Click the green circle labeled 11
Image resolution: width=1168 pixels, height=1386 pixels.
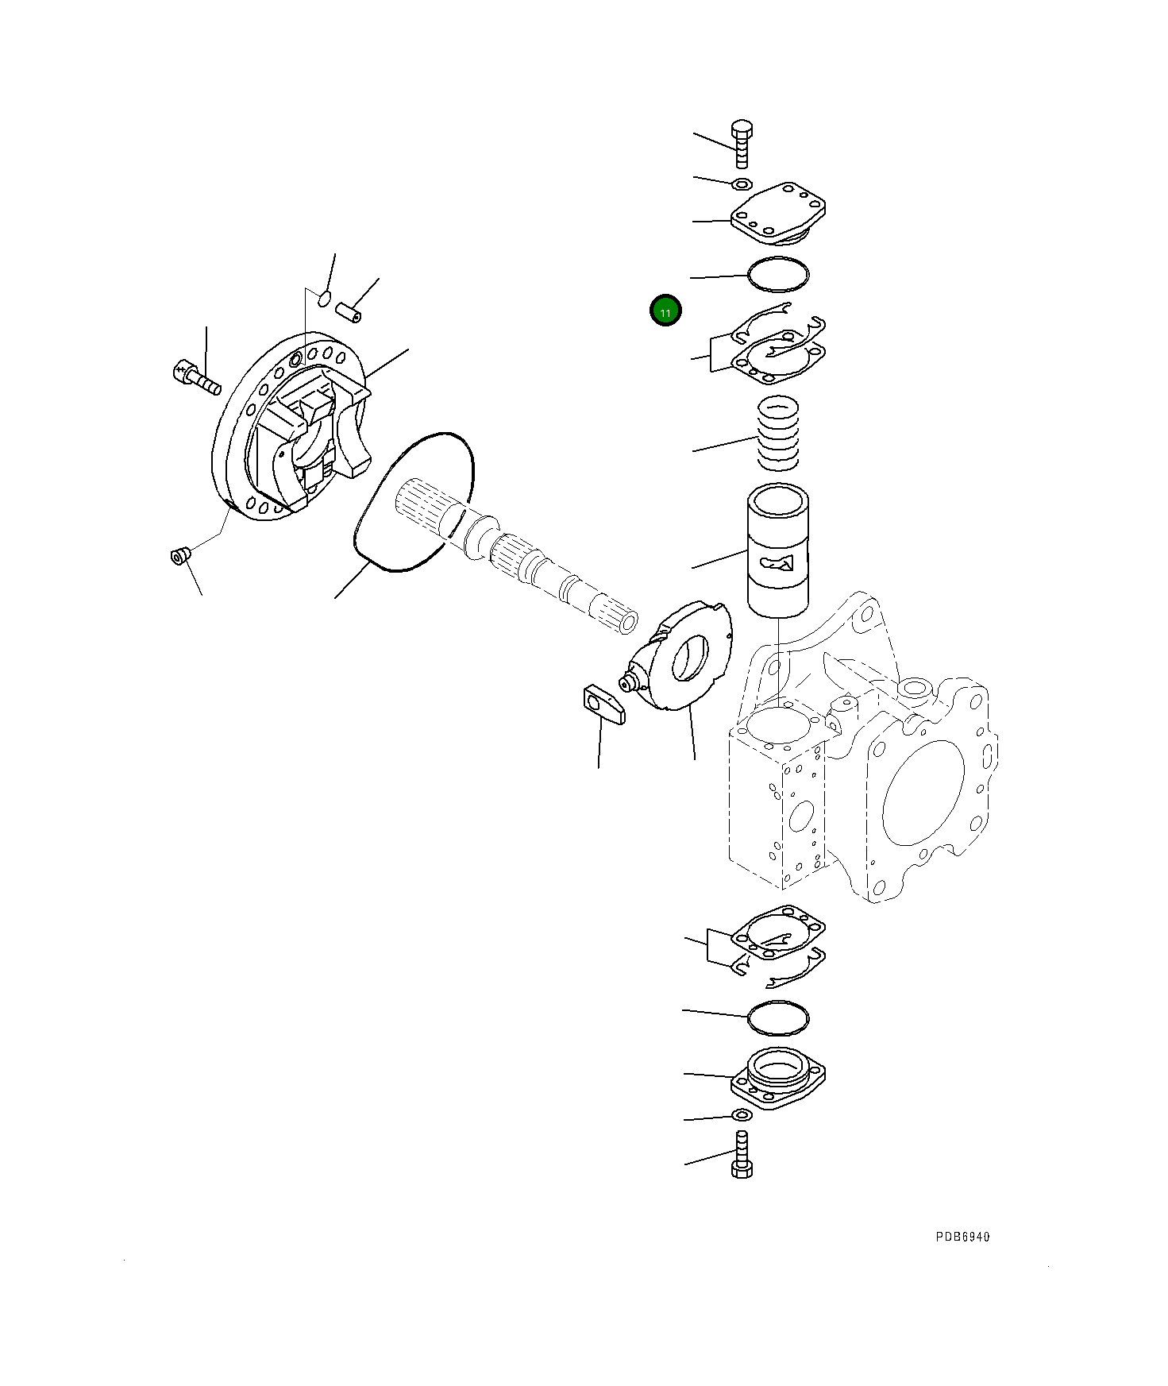point(665,311)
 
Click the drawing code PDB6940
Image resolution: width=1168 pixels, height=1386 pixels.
point(962,1237)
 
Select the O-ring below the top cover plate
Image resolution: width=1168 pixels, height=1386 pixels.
point(778,274)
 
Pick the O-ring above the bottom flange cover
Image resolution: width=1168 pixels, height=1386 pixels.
point(778,1017)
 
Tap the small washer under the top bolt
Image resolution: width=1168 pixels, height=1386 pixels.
point(741,185)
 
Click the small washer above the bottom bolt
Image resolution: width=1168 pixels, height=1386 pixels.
point(740,1116)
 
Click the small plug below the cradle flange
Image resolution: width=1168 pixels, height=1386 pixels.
point(179,555)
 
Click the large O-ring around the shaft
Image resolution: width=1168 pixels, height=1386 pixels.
point(413,502)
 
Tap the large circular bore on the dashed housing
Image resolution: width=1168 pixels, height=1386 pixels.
point(923,792)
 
